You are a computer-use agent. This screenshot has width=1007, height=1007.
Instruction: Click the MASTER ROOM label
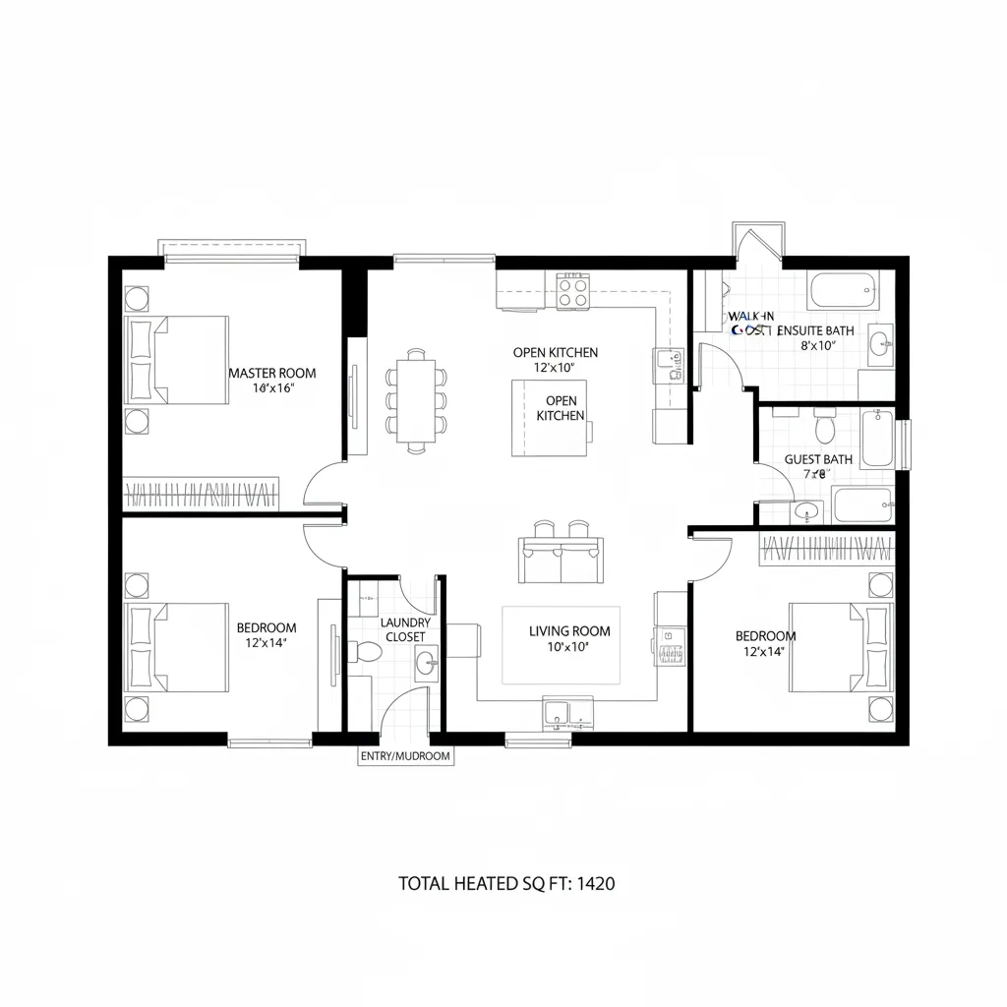[272, 373]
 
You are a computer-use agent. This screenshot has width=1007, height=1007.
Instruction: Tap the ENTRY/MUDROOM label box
[405, 756]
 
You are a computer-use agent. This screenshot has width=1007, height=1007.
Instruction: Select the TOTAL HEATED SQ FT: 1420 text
[506, 883]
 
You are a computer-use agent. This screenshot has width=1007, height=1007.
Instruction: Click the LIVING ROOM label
[569, 631]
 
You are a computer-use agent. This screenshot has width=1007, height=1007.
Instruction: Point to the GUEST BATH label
[818, 459]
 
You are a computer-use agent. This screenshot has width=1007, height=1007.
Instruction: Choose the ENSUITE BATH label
[815, 331]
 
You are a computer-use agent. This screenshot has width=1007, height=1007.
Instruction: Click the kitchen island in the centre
[548, 418]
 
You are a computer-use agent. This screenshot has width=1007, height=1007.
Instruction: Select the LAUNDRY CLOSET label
[404, 629]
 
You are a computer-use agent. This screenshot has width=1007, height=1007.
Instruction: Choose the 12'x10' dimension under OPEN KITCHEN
[554, 367]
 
